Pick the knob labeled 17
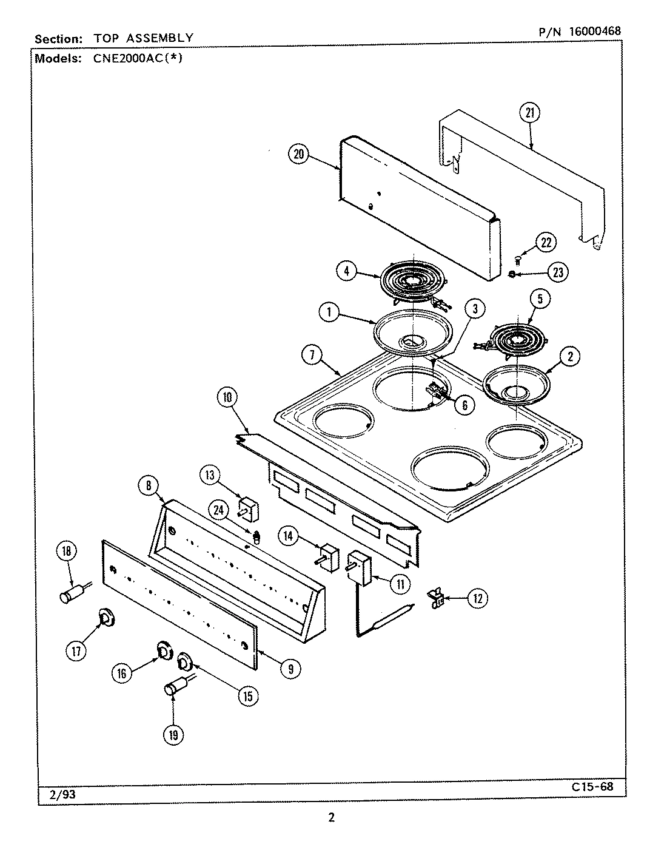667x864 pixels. [107, 618]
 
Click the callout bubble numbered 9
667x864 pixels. [291, 669]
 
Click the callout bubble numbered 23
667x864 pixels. [557, 272]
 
